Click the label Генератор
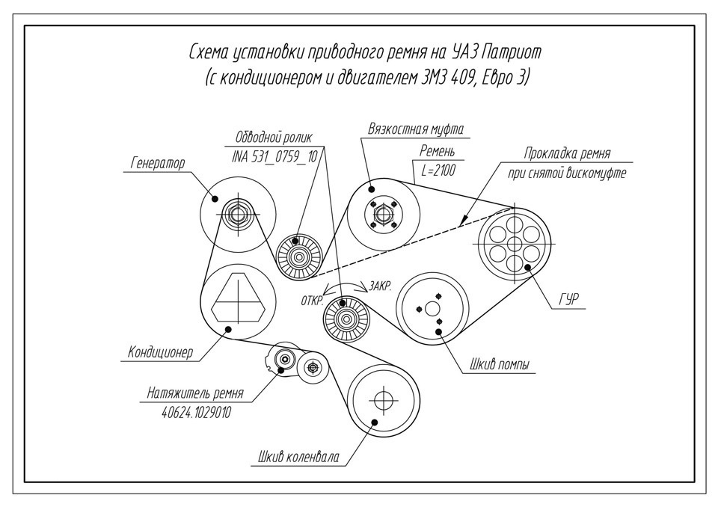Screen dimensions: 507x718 coord(157,162)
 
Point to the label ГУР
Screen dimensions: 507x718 coord(571,300)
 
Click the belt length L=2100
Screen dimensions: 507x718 coord(438,170)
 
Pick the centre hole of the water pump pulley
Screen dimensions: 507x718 coord(432,308)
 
